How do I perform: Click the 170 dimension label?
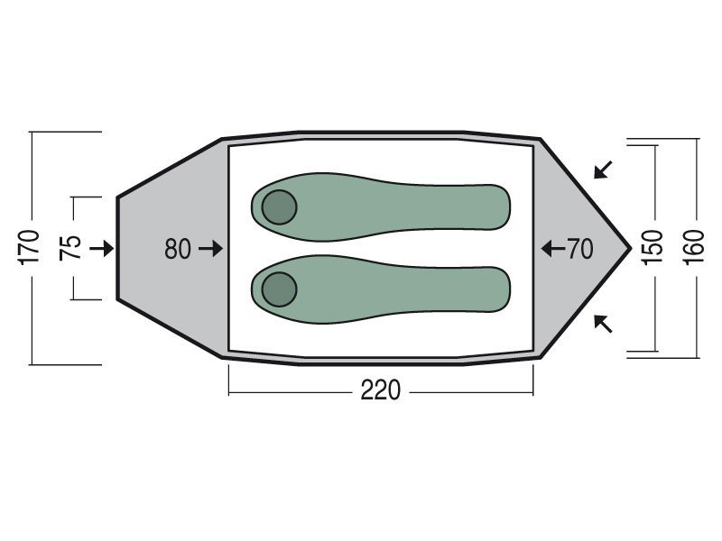click(x=29, y=247)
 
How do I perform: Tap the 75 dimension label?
click(x=70, y=248)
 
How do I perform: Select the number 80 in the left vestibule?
click(x=178, y=249)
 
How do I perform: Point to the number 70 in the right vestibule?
click(x=579, y=249)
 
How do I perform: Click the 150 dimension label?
click(x=652, y=247)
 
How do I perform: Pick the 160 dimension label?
click(x=694, y=247)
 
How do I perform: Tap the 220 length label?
click(x=381, y=390)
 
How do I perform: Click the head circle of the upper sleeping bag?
click(x=279, y=207)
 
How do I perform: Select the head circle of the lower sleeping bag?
click(x=279, y=289)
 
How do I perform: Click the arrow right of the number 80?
click(x=211, y=249)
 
